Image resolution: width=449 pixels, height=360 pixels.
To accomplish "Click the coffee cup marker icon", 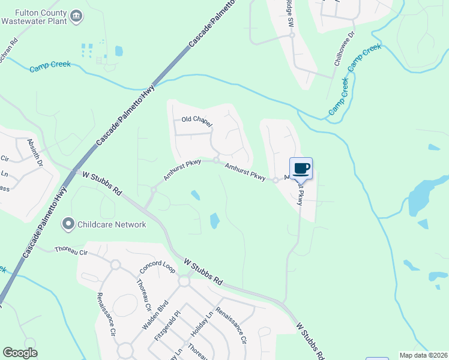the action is coord(301,168).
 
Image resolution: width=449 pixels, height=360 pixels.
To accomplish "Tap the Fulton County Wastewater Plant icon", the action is coord(76,16).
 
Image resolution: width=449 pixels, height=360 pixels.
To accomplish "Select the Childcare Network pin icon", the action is coord(68,224).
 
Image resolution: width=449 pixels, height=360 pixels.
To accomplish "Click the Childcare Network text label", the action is coord(112,224).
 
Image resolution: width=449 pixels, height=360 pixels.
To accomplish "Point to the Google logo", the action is coord(20,353).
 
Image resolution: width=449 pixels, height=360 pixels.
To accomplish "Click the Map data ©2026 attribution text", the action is coord(423,355).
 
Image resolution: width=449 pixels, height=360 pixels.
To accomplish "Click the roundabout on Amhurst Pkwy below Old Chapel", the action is coord(215,160).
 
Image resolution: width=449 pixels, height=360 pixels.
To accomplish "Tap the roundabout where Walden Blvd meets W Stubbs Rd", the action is coord(184,281).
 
